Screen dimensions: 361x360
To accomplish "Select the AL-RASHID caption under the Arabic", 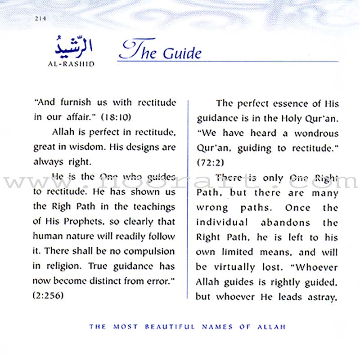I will tap(70, 63).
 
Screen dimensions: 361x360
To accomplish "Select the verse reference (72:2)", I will tap(210, 162).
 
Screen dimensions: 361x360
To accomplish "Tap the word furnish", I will tap(75, 103).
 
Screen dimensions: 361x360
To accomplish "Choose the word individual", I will tap(222, 222).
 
